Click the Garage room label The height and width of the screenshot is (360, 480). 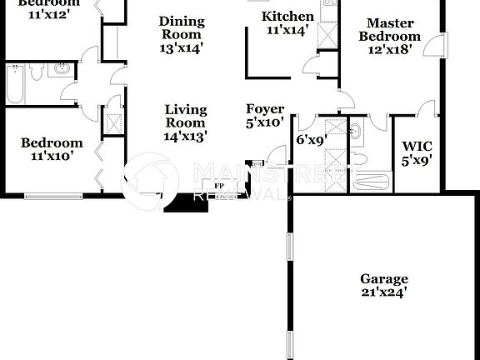(384, 279)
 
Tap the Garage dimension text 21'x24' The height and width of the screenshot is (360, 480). (384, 292)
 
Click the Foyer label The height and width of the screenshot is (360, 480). (265, 109)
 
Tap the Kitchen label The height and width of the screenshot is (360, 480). (288, 17)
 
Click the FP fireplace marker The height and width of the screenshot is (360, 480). (220, 185)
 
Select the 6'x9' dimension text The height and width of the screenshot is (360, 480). (312, 140)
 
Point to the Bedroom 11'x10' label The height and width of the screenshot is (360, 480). (52, 142)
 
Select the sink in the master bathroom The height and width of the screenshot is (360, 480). (355, 131)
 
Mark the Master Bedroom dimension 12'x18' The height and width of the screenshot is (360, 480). (389, 49)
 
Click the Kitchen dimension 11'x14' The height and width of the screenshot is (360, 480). (288, 30)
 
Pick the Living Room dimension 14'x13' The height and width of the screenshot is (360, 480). (185, 135)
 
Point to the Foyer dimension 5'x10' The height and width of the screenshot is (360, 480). (265, 122)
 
